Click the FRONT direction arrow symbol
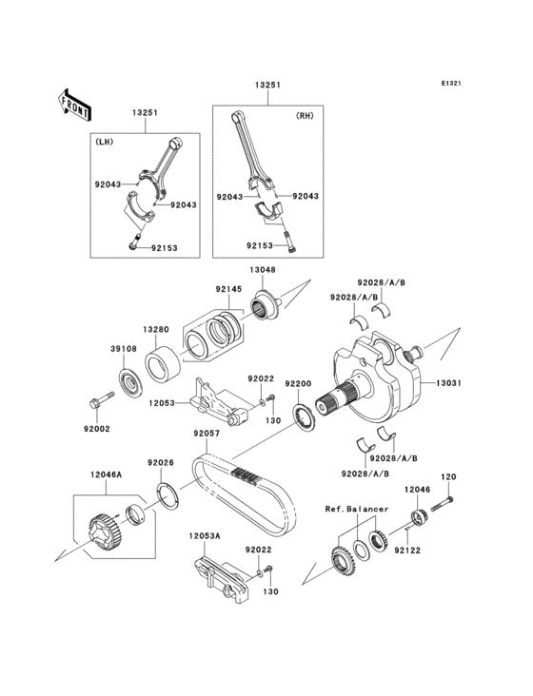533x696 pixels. (x=74, y=104)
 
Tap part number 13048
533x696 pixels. (x=264, y=269)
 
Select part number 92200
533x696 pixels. (x=298, y=383)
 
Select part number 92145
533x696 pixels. (x=227, y=288)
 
